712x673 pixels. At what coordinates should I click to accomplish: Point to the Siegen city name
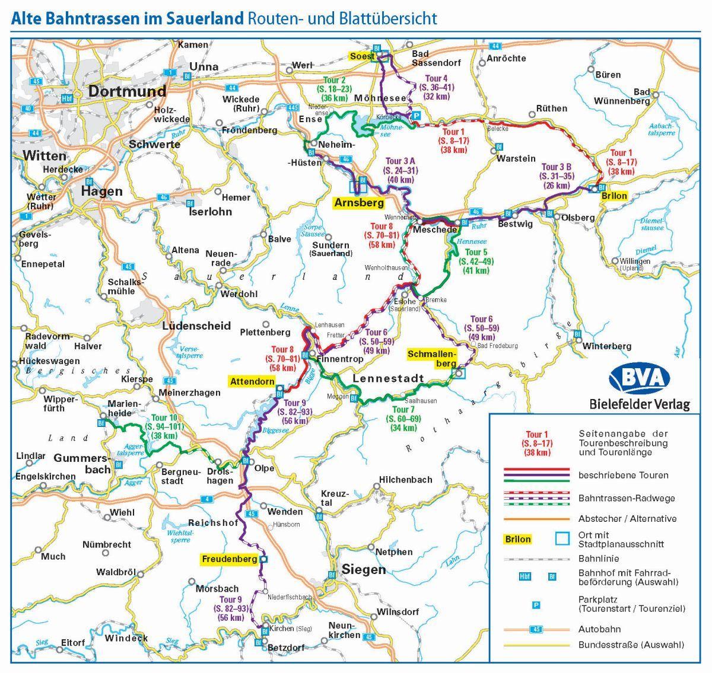(363, 570)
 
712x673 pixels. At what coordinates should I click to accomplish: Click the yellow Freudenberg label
(229, 559)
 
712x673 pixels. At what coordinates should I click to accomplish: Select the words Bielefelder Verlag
(640, 405)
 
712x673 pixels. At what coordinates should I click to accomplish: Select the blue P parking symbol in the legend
(535, 605)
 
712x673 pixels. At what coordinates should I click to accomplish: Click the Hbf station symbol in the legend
(525, 576)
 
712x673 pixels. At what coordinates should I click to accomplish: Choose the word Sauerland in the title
(205, 18)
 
